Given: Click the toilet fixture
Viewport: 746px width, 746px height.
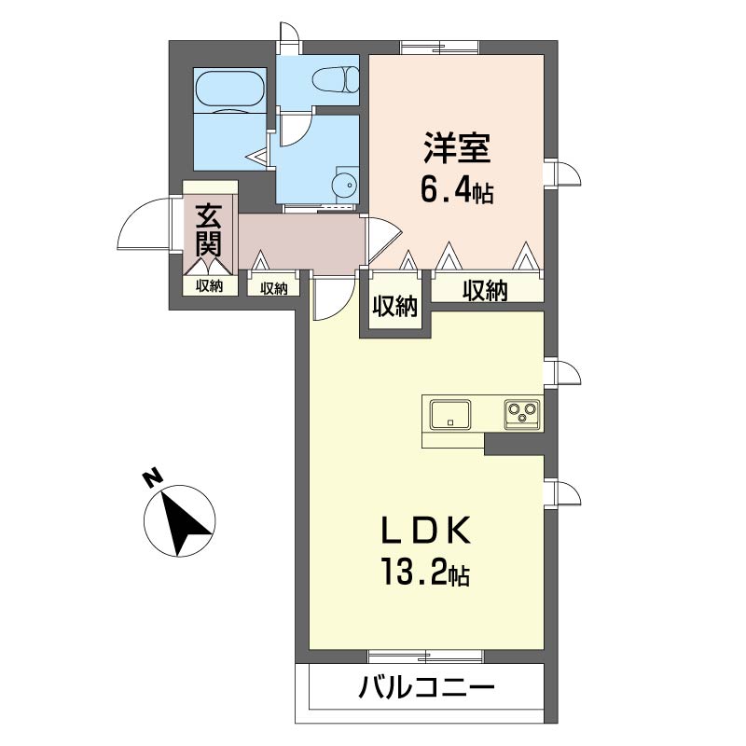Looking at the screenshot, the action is click(x=336, y=79).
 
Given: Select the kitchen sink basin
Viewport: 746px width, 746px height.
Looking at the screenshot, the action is click(x=450, y=414).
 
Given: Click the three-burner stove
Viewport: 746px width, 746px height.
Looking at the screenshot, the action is click(x=522, y=414).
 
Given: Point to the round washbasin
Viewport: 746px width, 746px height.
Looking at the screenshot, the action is click(x=345, y=185).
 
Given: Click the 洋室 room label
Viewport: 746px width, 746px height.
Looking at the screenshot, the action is click(x=456, y=148).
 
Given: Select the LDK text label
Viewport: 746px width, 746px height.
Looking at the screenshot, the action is click(x=426, y=530).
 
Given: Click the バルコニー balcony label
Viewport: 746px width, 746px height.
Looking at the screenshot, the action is click(x=427, y=686).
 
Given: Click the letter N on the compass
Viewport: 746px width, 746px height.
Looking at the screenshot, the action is click(x=152, y=479).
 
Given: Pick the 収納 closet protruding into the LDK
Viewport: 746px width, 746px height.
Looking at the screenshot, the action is click(x=394, y=305).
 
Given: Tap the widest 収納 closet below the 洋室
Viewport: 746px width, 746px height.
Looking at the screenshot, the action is click(x=487, y=289).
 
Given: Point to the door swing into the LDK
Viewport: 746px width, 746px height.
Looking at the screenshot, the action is click(x=334, y=299).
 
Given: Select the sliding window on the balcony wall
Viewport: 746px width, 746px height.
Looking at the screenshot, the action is click(x=426, y=656).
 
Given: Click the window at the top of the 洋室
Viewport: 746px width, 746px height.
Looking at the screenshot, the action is click(x=439, y=48).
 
